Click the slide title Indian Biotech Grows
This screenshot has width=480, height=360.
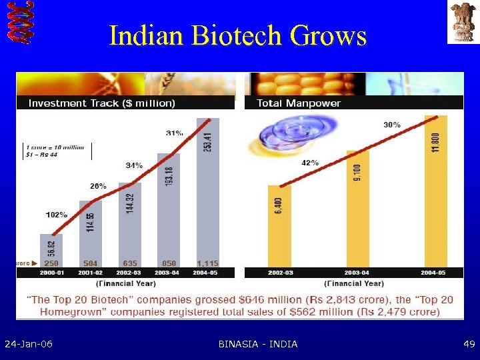(238, 35)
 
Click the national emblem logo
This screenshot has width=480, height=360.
(462, 22)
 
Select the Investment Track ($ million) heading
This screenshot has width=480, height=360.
(101, 103)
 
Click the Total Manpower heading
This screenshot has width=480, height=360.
(298, 103)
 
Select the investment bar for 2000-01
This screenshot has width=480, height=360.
(51, 250)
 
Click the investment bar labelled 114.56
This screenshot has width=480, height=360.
(90, 230)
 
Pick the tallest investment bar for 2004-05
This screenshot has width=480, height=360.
(207, 193)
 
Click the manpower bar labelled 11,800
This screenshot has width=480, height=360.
(436, 190)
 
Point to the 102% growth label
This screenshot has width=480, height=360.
(57, 215)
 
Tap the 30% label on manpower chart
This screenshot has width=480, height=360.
(392, 124)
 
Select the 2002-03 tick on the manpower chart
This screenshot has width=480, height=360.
(279, 273)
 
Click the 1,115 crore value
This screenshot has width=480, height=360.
(207, 263)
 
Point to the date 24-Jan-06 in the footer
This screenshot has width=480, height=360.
(29, 344)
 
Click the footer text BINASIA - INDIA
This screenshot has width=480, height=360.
(258, 344)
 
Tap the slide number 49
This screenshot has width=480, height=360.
(469, 344)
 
